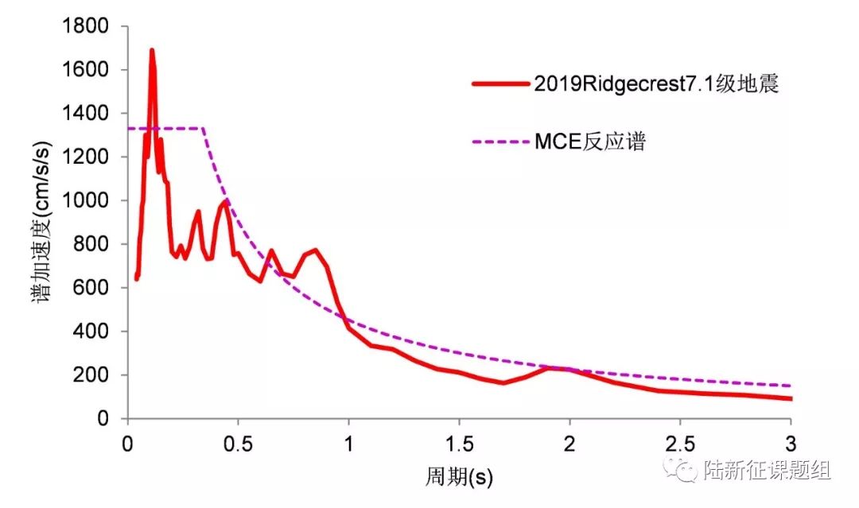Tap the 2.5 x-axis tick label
(679, 442)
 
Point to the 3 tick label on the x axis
(790, 442)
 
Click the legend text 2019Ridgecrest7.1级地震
(656, 84)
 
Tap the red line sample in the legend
(500, 84)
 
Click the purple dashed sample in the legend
(500, 143)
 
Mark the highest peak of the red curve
(151, 51)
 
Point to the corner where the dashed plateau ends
(204, 128)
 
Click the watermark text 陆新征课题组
(768, 471)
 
